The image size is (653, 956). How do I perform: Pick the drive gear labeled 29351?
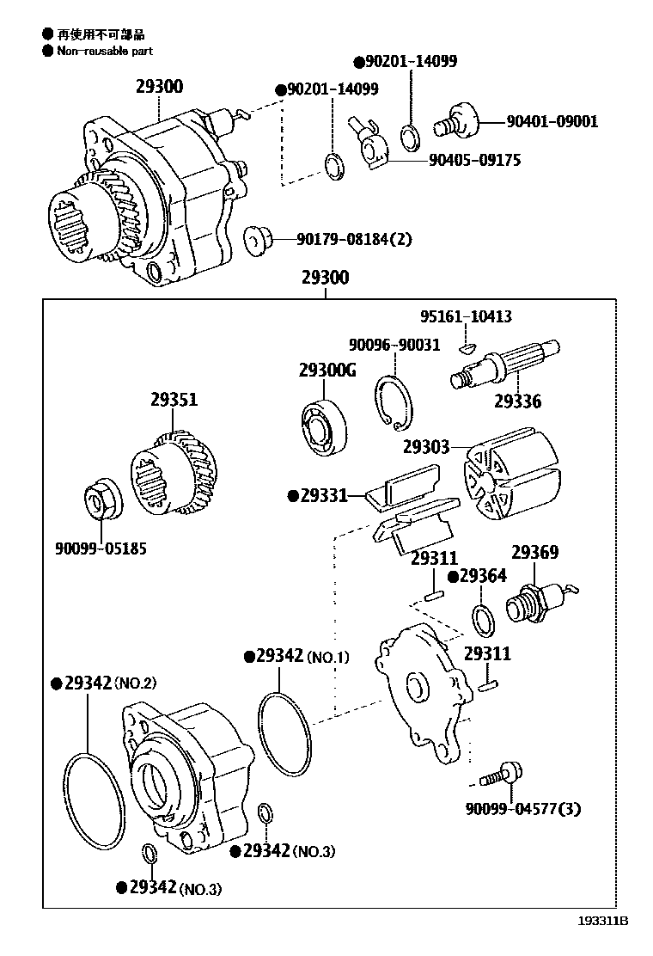click(x=174, y=474)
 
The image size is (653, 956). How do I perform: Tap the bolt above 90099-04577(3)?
click(x=498, y=775)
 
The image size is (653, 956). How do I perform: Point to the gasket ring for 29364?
click(x=484, y=619)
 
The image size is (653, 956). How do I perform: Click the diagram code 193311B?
click(x=602, y=920)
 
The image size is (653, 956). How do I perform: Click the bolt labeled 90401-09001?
click(x=457, y=118)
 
